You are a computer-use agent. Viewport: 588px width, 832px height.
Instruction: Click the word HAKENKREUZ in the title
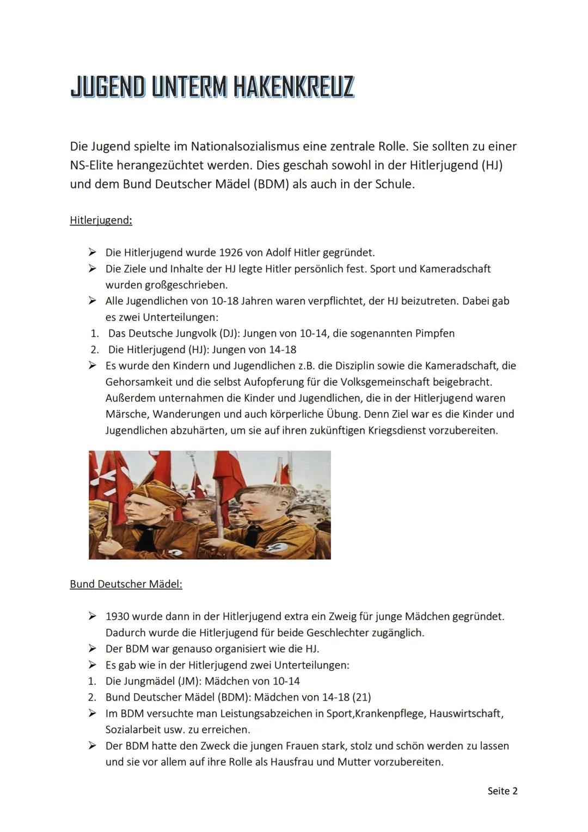(x=294, y=87)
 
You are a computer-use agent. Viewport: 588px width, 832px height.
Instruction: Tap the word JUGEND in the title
(x=108, y=87)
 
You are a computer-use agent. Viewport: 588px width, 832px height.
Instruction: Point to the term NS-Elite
(x=91, y=165)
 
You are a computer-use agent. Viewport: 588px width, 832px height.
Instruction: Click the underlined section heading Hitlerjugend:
(x=101, y=221)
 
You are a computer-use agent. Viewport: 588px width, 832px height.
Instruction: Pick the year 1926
(x=232, y=253)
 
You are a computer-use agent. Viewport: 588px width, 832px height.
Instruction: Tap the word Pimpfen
(x=434, y=333)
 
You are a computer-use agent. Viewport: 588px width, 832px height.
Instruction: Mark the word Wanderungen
(x=186, y=414)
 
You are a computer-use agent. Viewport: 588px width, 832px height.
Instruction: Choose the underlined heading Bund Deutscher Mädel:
(x=126, y=584)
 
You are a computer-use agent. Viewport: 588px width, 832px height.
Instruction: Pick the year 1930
(x=117, y=617)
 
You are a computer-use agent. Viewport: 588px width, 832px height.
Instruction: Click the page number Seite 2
(x=502, y=791)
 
